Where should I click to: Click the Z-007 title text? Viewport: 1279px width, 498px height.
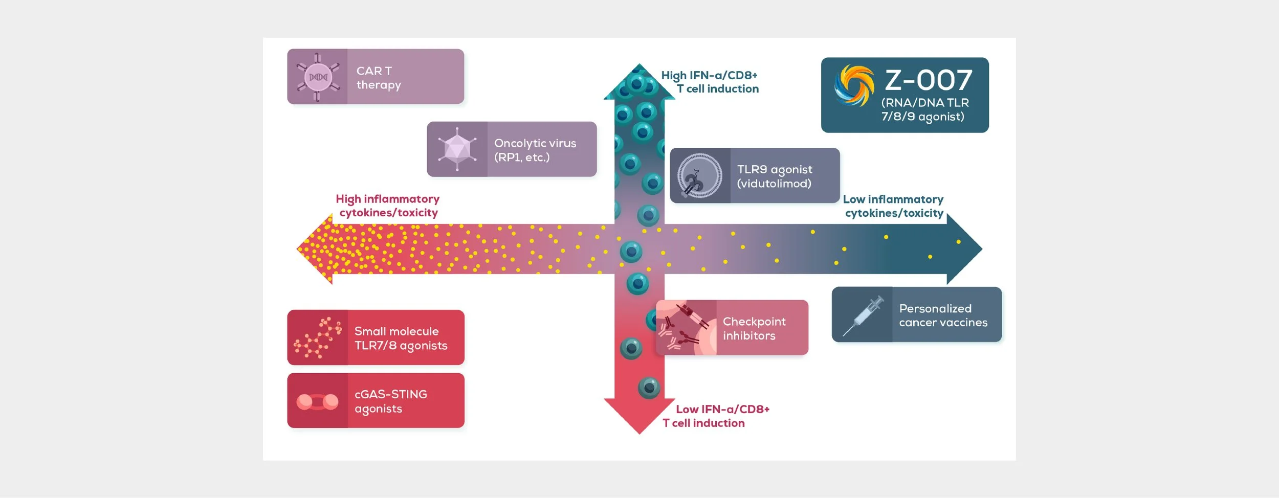[928, 80]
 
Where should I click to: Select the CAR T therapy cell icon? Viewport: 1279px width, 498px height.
[318, 77]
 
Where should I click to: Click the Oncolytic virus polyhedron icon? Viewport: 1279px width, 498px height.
[457, 149]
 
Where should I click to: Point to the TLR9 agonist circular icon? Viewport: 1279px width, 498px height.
[699, 176]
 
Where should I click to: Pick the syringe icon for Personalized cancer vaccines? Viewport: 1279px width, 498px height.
[863, 315]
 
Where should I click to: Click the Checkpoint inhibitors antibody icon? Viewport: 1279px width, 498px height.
[686, 328]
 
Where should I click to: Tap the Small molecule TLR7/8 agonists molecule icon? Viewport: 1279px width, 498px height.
[318, 337]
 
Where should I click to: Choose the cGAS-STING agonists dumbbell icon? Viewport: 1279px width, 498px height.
[317, 401]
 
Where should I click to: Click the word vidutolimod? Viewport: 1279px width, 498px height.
[774, 184]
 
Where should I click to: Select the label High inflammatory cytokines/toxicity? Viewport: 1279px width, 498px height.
[388, 206]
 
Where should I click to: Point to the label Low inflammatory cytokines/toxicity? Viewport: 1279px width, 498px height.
[893, 206]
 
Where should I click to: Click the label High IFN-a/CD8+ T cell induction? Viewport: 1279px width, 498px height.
[710, 82]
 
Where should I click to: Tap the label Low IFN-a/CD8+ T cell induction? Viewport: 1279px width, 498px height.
[716, 416]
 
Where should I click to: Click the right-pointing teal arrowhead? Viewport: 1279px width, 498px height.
[964, 249]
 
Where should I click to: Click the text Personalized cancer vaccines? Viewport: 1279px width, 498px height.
[943, 315]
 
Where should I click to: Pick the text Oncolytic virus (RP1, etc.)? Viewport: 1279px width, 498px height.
[535, 150]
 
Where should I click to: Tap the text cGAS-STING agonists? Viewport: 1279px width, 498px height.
[390, 401]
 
